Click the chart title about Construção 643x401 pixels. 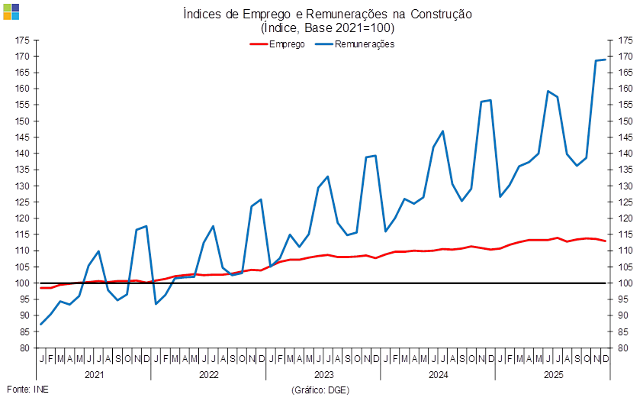point(327,15)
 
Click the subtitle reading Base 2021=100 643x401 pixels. point(327,27)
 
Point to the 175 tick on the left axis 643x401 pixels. point(22,40)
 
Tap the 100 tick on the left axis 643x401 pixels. point(22,283)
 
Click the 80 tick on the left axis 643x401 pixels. point(22,348)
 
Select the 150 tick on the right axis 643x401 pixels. point(626,121)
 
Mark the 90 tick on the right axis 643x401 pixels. point(626,315)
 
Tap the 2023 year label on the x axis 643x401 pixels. point(323,375)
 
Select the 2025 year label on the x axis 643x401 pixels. point(552,375)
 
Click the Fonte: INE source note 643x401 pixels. point(27,390)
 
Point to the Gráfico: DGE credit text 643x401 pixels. point(320,390)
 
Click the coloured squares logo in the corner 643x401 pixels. point(11,11)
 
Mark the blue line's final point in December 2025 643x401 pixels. point(606,60)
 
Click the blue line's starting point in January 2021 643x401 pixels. point(41,324)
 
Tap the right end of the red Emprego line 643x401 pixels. point(606,241)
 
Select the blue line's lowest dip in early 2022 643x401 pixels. point(156,304)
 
